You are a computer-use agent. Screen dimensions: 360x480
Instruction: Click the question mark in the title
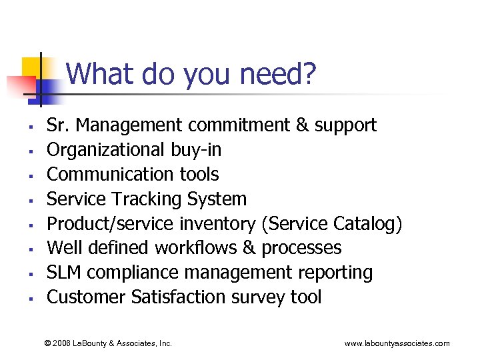[308, 73]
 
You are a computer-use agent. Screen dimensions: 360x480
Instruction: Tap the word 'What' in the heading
[99, 73]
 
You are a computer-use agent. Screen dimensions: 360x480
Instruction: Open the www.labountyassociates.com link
[397, 343]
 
